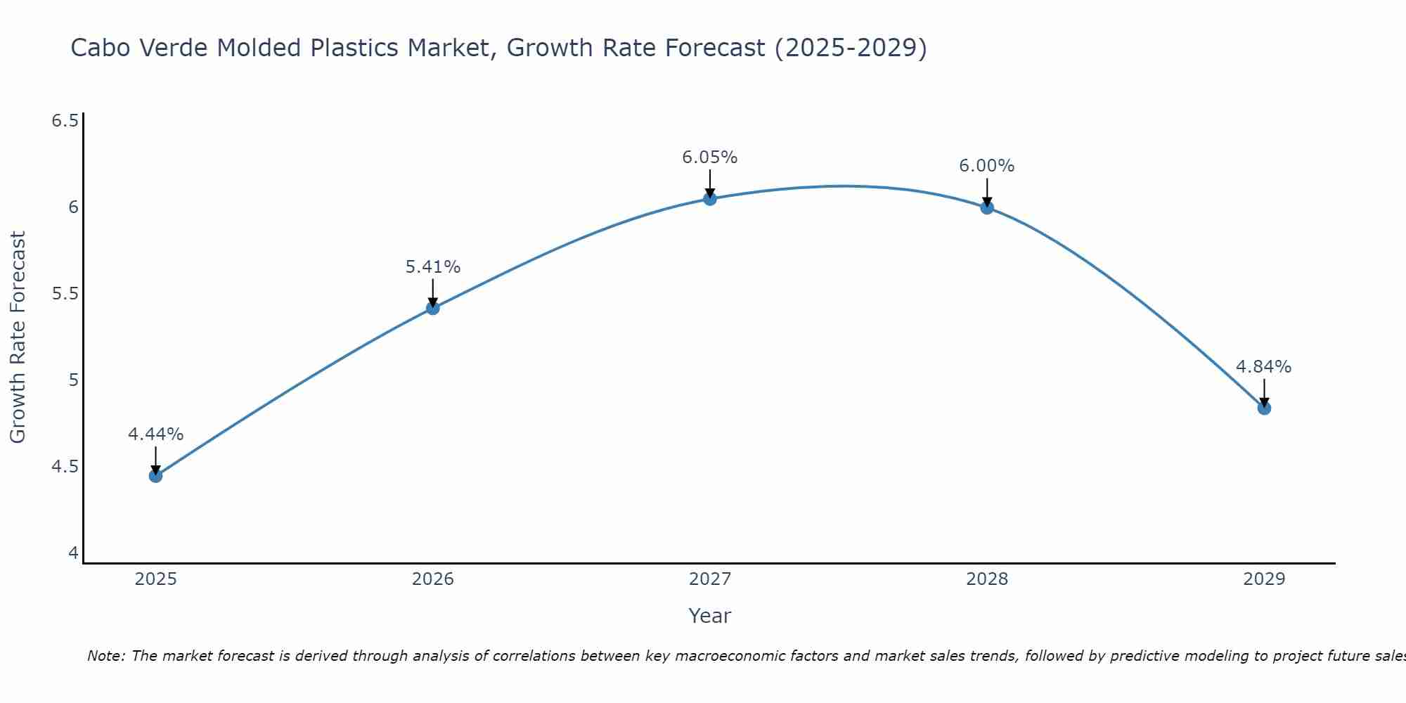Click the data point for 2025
pyautogui.click(x=155, y=476)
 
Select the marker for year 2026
pyautogui.click(x=432, y=308)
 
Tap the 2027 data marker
pyautogui.click(x=709, y=199)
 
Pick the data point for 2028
pyautogui.click(x=986, y=207)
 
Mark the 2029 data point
pyautogui.click(x=1263, y=408)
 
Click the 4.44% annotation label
pyautogui.click(x=155, y=434)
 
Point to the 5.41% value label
pyautogui.click(x=432, y=267)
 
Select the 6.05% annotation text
pyautogui.click(x=709, y=157)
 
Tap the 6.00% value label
pyautogui.click(x=986, y=166)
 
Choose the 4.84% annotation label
pyautogui.click(x=1263, y=367)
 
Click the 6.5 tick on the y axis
pyautogui.click(x=65, y=121)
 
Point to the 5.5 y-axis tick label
pyautogui.click(x=65, y=294)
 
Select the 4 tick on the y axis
pyautogui.click(x=73, y=553)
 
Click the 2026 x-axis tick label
pyautogui.click(x=432, y=579)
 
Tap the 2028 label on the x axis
pyautogui.click(x=986, y=579)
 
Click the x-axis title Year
pyautogui.click(x=709, y=616)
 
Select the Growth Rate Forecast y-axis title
pyautogui.click(x=18, y=337)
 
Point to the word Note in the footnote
pyautogui.click(x=105, y=656)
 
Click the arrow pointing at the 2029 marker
pyautogui.click(x=1263, y=393)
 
